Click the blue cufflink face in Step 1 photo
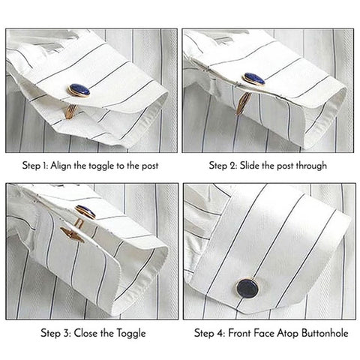(x=79, y=89)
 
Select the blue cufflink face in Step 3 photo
(x=85, y=211)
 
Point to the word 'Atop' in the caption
(x=294, y=333)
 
